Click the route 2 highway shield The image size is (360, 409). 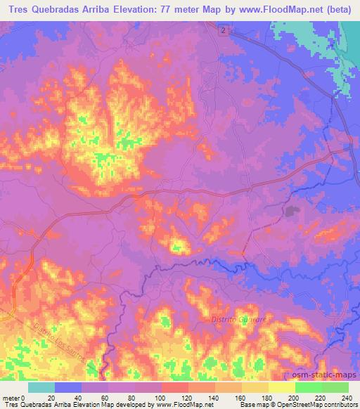[222, 32]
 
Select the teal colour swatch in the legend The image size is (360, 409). [41, 387]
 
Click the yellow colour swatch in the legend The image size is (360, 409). [281, 387]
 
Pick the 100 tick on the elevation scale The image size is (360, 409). [162, 397]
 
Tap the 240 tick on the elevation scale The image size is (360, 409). [347, 397]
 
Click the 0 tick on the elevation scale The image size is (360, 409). [25, 397]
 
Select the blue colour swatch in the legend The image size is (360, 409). [68, 387]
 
